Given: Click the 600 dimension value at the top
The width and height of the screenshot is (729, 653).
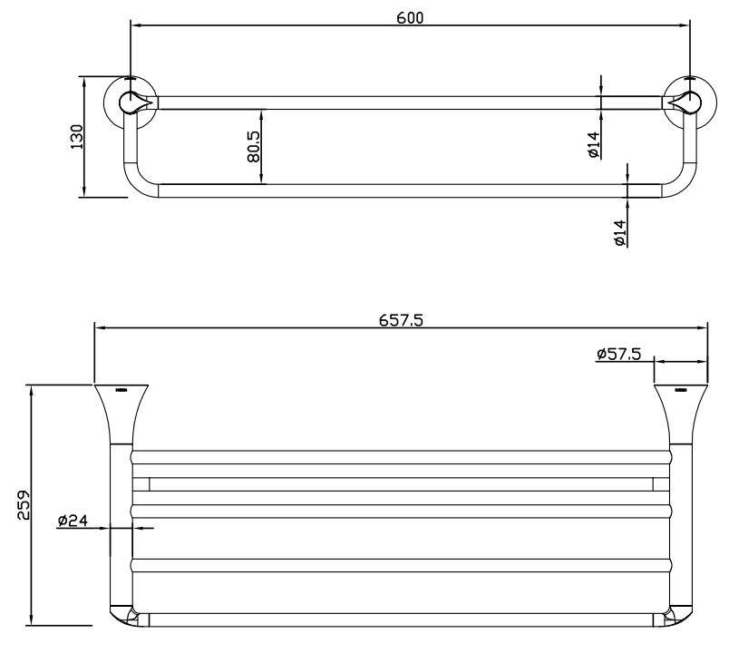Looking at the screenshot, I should [x=410, y=18].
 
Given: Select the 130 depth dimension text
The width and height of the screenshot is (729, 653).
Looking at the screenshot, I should [x=77, y=136].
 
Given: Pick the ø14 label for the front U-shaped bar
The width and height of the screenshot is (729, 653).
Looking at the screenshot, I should [x=620, y=233].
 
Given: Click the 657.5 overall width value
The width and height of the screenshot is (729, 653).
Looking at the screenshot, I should [x=399, y=319].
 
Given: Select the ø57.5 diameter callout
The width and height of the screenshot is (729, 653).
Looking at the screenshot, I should [x=619, y=355].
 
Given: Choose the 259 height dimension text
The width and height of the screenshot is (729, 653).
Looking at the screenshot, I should [x=24, y=506].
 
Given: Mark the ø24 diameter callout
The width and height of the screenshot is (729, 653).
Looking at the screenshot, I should [x=72, y=521].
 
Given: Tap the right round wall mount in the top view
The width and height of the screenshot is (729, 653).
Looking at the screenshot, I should [x=686, y=102].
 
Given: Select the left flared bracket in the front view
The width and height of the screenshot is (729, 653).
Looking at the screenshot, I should [x=121, y=413].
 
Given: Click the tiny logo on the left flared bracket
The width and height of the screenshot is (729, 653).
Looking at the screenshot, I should [x=121, y=391].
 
